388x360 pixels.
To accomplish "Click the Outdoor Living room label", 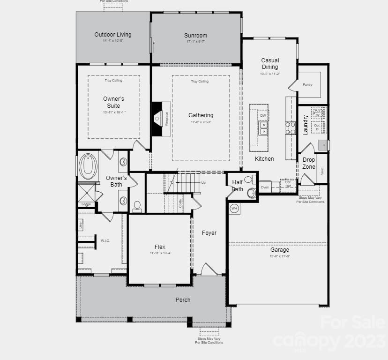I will pyautogui.click(x=113, y=35).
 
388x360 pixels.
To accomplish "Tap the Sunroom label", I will pyautogui.click(x=195, y=36).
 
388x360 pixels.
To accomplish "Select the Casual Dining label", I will pyautogui.click(x=270, y=64).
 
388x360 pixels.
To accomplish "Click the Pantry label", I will pyautogui.click(x=307, y=85).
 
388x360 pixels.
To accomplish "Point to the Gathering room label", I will pyautogui.click(x=201, y=115).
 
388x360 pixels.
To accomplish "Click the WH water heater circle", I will pyautogui.click(x=234, y=208).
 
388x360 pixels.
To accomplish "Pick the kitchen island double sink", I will pyautogui.click(x=264, y=128).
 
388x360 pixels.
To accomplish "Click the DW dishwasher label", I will pyautogui.click(x=263, y=115).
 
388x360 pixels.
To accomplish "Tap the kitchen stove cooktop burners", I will pyautogui.click(x=291, y=128).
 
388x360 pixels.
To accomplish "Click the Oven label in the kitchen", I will pyautogui.click(x=265, y=187).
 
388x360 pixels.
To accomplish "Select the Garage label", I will pyautogui.click(x=280, y=250).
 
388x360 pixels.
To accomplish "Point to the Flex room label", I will pyautogui.click(x=160, y=247).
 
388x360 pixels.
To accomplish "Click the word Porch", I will pyautogui.click(x=183, y=300).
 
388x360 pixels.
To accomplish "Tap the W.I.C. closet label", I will pyautogui.click(x=105, y=240).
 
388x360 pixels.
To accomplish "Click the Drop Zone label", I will pyautogui.click(x=309, y=164).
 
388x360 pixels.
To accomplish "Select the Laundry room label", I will pyautogui.click(x=306, y=125).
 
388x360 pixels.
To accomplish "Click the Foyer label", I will pyautogui.click(x=209, y=233).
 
